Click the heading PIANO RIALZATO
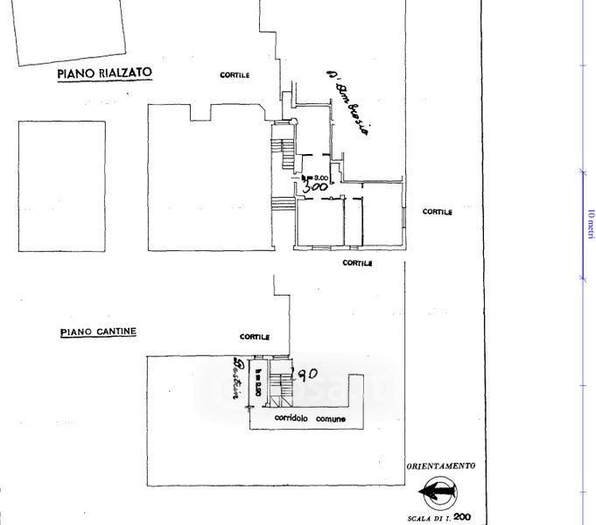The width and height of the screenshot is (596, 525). [105, 75]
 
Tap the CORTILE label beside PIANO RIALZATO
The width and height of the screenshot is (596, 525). [235, 75]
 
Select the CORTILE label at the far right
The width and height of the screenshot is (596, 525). [438, 212]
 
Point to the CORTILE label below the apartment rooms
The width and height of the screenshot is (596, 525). [357, 262]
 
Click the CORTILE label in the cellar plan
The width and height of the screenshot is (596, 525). [255, 336]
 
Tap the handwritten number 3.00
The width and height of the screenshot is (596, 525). [314, 186]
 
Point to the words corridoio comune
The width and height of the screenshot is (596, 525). [310, 419]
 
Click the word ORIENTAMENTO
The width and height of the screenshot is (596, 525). [441, 466]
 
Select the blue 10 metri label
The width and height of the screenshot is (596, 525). [591, 223]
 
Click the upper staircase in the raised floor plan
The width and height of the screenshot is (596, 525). [284, 154]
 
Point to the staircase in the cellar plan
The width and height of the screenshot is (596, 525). [279, 388]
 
